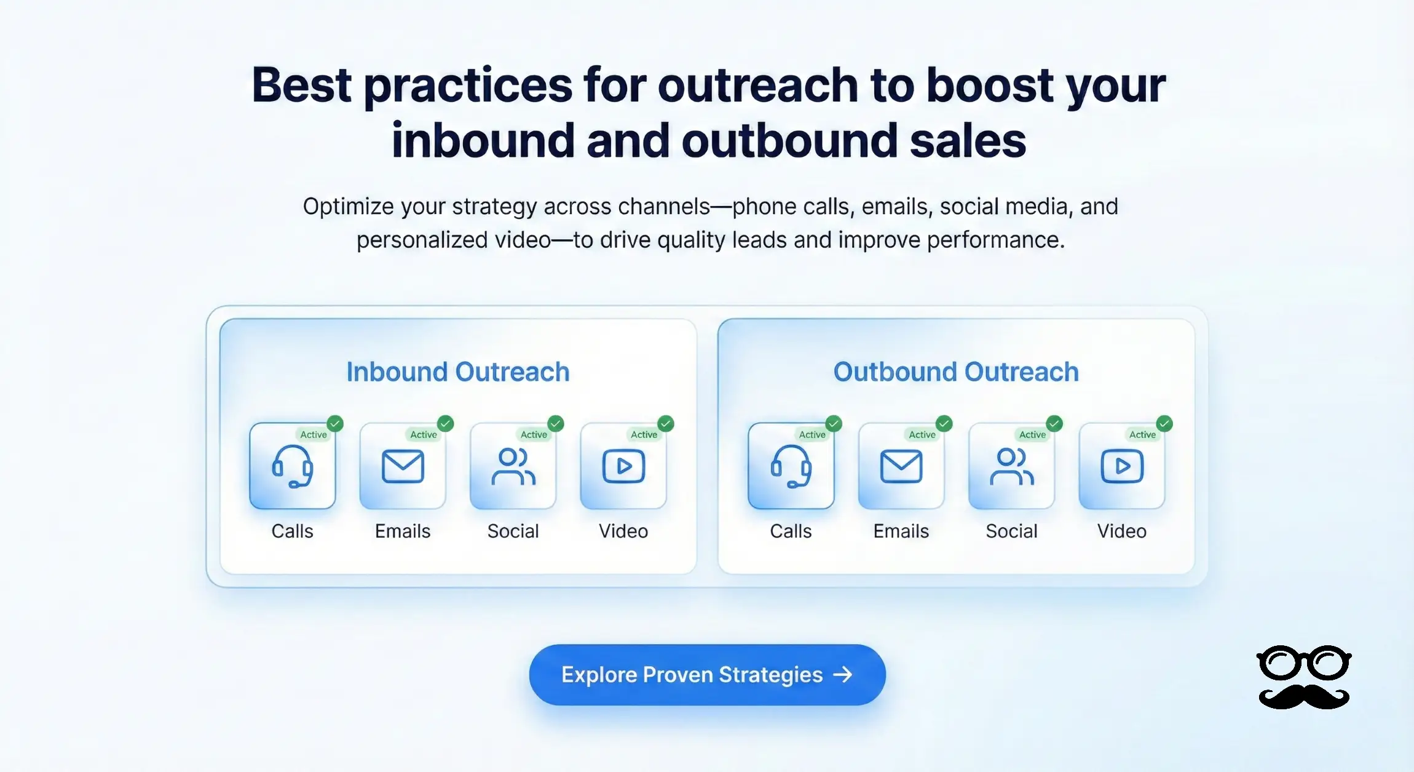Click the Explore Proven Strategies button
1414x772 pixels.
(707, 675)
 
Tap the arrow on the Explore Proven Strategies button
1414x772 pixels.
(843, 675)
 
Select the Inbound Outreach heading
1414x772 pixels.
(458, 372)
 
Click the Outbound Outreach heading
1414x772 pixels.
(956, 372)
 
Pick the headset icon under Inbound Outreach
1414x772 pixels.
(293, 466)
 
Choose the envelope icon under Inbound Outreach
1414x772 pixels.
(403, 466)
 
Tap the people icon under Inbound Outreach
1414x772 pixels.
(513, 466)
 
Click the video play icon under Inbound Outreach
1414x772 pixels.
(623, 466)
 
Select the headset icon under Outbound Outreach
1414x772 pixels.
(791, 466)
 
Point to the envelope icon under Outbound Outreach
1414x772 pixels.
(901, 466)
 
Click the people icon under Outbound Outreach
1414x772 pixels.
(1012, 466)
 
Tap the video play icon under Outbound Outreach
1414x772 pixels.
(1122, 466)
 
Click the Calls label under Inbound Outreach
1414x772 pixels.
(293, 531)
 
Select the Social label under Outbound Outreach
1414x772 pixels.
(1012, 531)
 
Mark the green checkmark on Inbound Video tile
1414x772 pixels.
(666, 423)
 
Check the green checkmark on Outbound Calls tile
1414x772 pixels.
(834, 423)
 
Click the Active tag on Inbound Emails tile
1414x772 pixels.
(424, 435)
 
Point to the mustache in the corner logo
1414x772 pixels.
(1304, 697)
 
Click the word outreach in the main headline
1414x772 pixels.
(757, 86)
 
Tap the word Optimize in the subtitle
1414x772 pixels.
(348, 207)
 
